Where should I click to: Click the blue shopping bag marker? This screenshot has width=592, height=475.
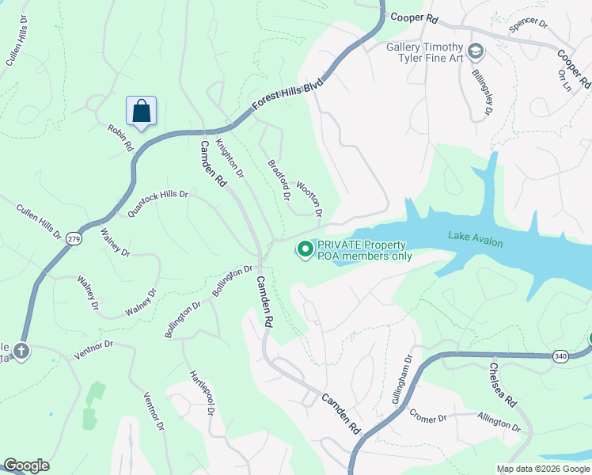pyautogui.click(x=141, y=112)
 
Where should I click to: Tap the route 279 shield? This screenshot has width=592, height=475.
pyautogui.click(x=74, y=238)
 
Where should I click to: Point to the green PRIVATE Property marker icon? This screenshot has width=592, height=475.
pyautogui.click(x=304, y=250)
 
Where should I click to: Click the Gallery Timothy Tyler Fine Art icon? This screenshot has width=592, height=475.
pyautogui.click(x=475, y=53)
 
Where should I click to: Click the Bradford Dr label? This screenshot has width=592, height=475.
pyautogui.click(x=279, y=177)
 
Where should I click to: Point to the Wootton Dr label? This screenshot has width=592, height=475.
pyautogui.click(x=309, y=199)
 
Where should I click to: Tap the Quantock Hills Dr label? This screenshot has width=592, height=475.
pyautogui.click(x=157, y=203)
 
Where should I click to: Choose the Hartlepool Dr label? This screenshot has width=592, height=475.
pyautogui.click(x=202, y=393)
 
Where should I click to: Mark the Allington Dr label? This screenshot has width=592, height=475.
pyautogui.click(x=499, y=421)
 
